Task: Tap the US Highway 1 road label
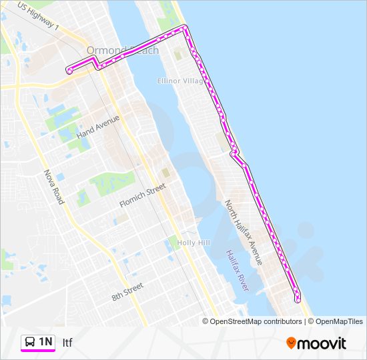click(39, 17)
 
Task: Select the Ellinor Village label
click(180, 81)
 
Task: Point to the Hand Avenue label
click(97, 127)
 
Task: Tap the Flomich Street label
click(141, 196)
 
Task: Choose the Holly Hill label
click(194, 243)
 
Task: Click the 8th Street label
click(127, 291)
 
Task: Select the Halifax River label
click(237, 270)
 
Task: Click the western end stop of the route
click(69, 70)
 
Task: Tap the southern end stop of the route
click(298, 298)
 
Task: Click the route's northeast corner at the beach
click(186, 27)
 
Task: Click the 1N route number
click(45, 342)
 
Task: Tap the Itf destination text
click(67, 343)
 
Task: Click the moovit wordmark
click(322, 343)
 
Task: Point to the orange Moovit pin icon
click(291, 343)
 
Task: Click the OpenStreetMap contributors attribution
click(255, 321)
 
